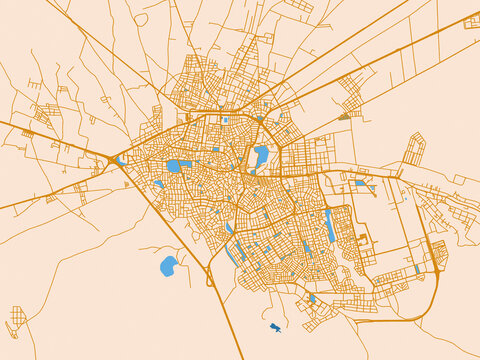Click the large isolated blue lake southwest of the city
click(x=168, y=265)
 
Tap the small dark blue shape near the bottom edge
click(x=275, y=327)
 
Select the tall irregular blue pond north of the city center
click(x=261, y=155)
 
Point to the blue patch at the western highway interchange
click(x=121, y=160)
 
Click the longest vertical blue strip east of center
click(x=330, y=225)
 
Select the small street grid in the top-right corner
click(x=471, y=22)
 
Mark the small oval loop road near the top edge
click(x=141, y=19)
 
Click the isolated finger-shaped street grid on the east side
click(x=413, y=150)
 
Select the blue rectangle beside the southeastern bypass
click(x=417, y=268)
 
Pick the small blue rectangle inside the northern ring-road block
click(x=227, y=121)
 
